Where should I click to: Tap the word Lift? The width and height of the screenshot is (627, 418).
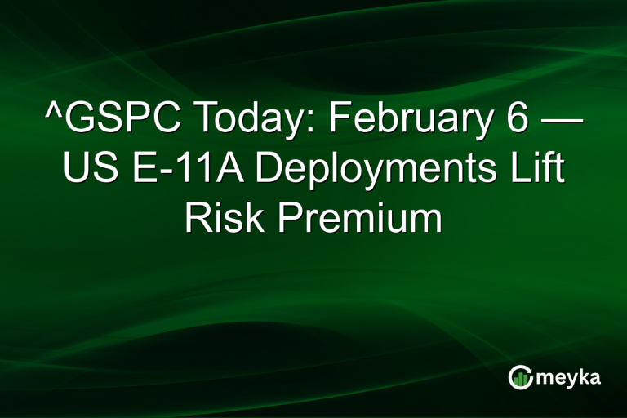tap(543, 172)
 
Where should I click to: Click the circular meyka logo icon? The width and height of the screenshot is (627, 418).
tap(520, 377)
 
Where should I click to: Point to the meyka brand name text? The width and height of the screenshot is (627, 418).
tap(567, 377)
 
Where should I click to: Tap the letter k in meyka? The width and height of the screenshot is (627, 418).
tap(585, 376)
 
